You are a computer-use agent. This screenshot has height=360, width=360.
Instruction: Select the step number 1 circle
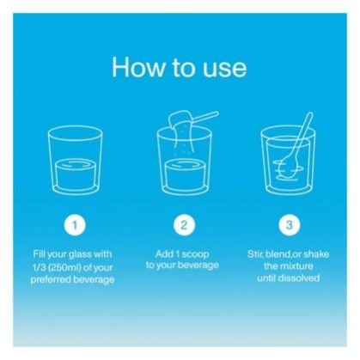[x=75, y=225]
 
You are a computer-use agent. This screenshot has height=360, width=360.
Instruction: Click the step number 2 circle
[x=184, y=225]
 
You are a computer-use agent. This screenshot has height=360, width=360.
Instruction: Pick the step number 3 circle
[x=290, y=225]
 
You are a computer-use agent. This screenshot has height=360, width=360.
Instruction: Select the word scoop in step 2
[x=196, y=254]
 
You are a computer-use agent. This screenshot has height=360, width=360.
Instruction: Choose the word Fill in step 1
[x=40, y=253]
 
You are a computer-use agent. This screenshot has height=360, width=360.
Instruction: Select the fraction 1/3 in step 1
[x=38, y=268]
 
